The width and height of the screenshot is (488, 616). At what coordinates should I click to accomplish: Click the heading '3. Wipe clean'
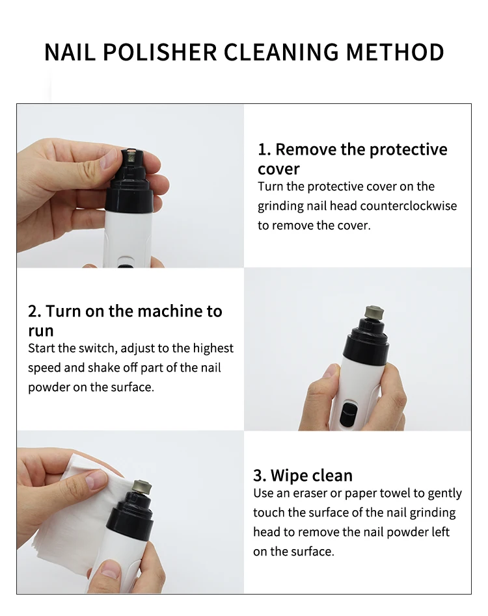pyautogui.click(x=303, y=476)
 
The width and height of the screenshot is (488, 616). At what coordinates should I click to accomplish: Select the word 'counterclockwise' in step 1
pyautogui.click(x=408, y=206)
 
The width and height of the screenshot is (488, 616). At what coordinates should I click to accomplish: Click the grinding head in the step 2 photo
pyautogui.click(x=374, y=313)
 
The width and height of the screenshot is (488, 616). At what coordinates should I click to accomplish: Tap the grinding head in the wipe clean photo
pyautogui.click(x=142, y=487)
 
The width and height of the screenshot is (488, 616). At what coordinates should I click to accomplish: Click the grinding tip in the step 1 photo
pyautogui.click(x=131, y=157)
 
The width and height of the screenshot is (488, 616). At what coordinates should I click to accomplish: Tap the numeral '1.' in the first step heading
pyautogui.click(x=265, y=149)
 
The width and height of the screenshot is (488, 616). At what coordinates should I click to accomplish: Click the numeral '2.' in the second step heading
pyautogui.click(x=34, y=311)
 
